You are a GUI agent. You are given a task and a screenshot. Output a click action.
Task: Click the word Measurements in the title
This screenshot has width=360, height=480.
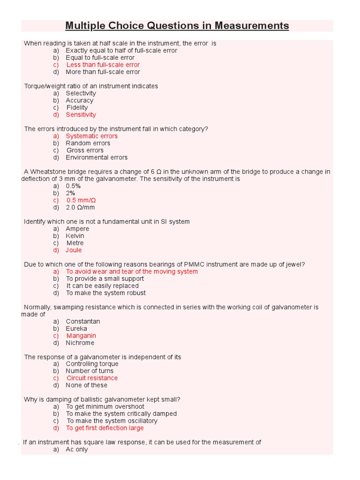tap(250, 25)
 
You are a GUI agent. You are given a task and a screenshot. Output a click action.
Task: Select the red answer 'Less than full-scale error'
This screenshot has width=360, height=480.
tap(103, 65)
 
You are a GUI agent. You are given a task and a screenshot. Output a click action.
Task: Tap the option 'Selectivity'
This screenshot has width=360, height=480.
tap(81, 93)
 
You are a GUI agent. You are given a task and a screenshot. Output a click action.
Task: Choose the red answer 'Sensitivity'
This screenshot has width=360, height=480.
tap(81, 115)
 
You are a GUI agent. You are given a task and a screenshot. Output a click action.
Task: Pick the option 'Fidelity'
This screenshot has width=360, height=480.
tap(77, 107)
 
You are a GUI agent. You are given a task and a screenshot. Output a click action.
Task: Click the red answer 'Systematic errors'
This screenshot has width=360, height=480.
tap(91, 136)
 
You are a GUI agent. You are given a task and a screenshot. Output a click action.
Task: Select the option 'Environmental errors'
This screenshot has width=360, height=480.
tap(97, 157)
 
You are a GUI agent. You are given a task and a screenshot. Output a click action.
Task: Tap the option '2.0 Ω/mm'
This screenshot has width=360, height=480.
tap(80, 207)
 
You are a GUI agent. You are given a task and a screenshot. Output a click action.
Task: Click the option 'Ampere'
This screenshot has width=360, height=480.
tap(77, 229)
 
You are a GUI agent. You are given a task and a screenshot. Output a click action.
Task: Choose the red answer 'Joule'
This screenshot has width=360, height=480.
tap(74, 250)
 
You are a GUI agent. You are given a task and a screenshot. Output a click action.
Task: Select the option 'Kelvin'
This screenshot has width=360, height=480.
tap(75, 236)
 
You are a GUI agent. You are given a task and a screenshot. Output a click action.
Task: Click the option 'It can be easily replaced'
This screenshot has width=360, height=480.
tap(102, 286)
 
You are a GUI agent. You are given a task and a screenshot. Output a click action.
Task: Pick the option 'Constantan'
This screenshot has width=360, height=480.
tap(82, 322)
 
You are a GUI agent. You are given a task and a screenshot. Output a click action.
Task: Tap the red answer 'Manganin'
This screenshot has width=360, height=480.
tap(81, 336)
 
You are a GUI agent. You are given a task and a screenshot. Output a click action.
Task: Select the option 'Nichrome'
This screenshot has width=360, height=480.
tap(80, 343)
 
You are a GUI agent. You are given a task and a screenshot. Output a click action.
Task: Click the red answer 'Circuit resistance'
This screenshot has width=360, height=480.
tap(92, 378)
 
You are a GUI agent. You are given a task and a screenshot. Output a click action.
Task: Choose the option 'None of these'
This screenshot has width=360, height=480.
tap(86, 385)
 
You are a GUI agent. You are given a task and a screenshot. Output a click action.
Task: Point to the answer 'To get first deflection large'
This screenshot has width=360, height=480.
tap(105, 428)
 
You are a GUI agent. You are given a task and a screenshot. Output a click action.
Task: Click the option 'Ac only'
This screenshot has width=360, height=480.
tap(77, 450)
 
